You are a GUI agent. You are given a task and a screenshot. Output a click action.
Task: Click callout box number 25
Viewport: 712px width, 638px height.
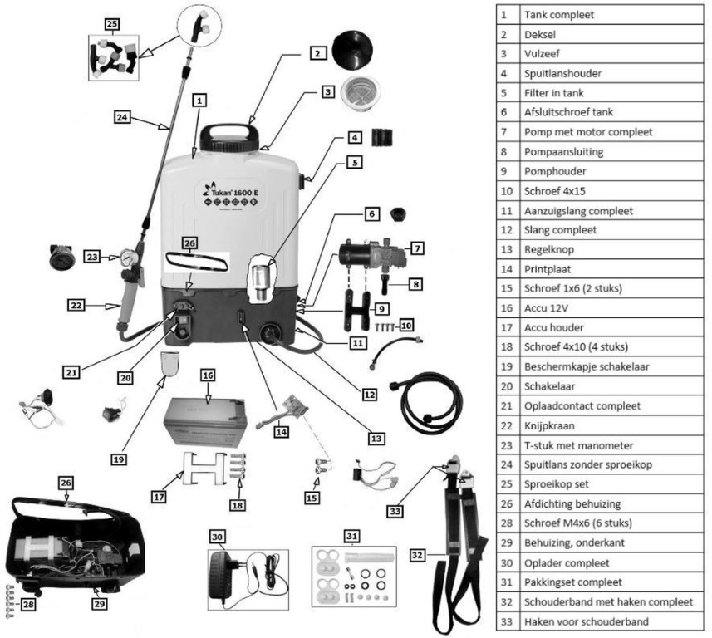113,22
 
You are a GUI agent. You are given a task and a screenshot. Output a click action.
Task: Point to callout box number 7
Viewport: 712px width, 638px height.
417,247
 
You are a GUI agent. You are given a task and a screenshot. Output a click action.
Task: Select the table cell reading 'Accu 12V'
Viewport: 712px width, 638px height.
549,307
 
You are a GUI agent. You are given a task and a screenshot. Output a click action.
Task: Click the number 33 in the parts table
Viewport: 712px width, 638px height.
504,621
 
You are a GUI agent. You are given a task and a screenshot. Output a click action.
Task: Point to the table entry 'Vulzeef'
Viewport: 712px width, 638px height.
543,54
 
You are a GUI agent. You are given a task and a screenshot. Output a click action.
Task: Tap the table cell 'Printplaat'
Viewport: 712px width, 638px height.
548,268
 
